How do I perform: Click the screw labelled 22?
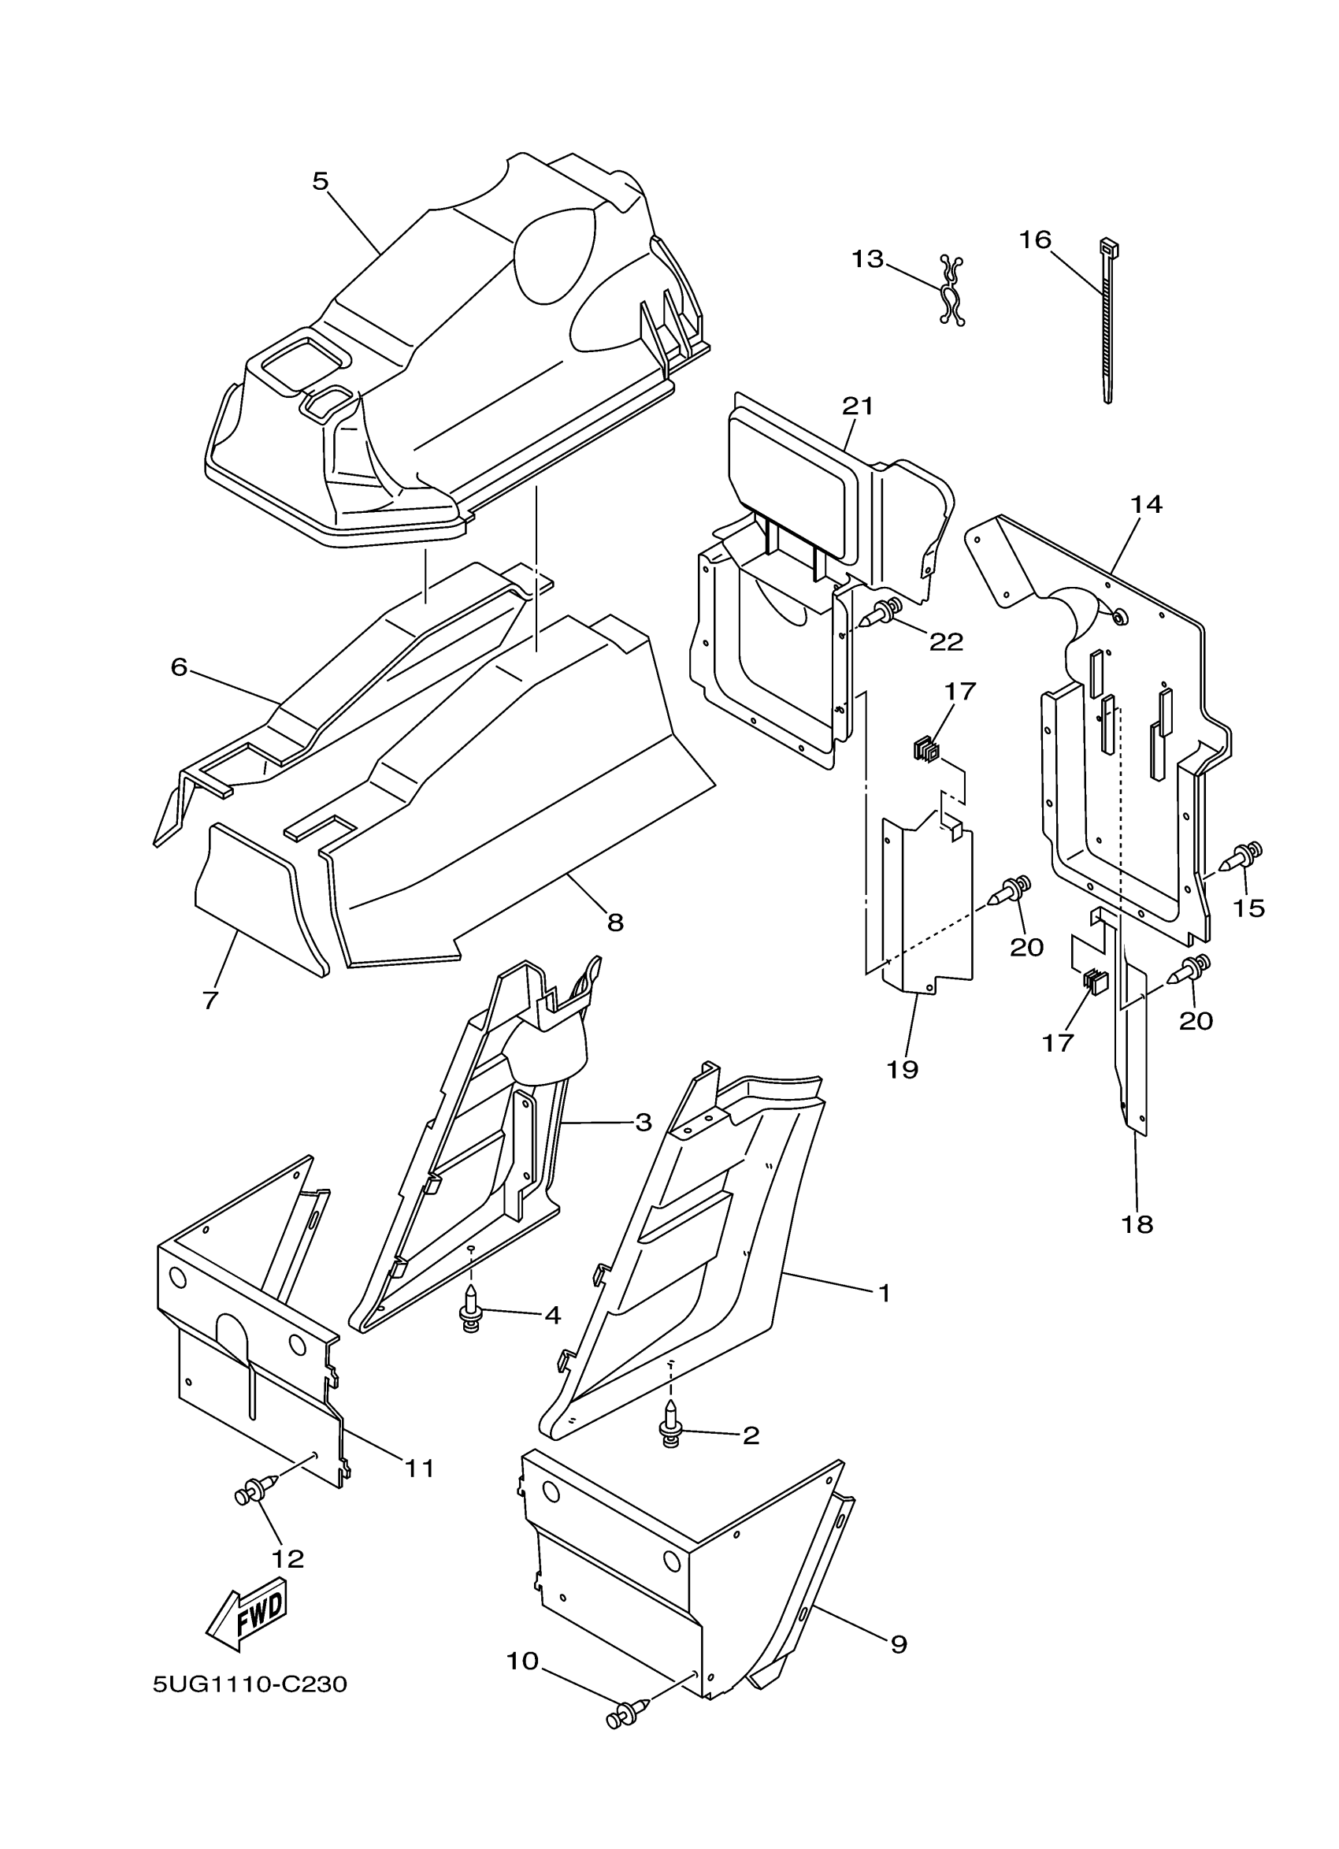pyautogui.click(x=884, y=609)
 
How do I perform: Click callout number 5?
pyautogui.click(x=321, y=180)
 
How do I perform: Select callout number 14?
pyautogui.click(x=1146, y=505)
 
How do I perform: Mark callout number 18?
pyautogui.click(x=1137, y=1246)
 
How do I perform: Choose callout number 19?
pyautogui.click(x=903, y=1070)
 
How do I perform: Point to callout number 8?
pyautogui.click(x=615, y=922)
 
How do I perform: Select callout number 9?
pyautogui.click(x=898, y=1643)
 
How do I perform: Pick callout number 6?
pyautogui.click(x=180, y=666)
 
